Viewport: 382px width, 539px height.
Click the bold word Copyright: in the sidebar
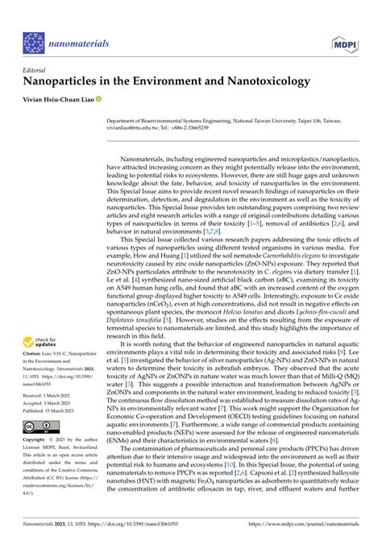(x=38, y=442)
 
